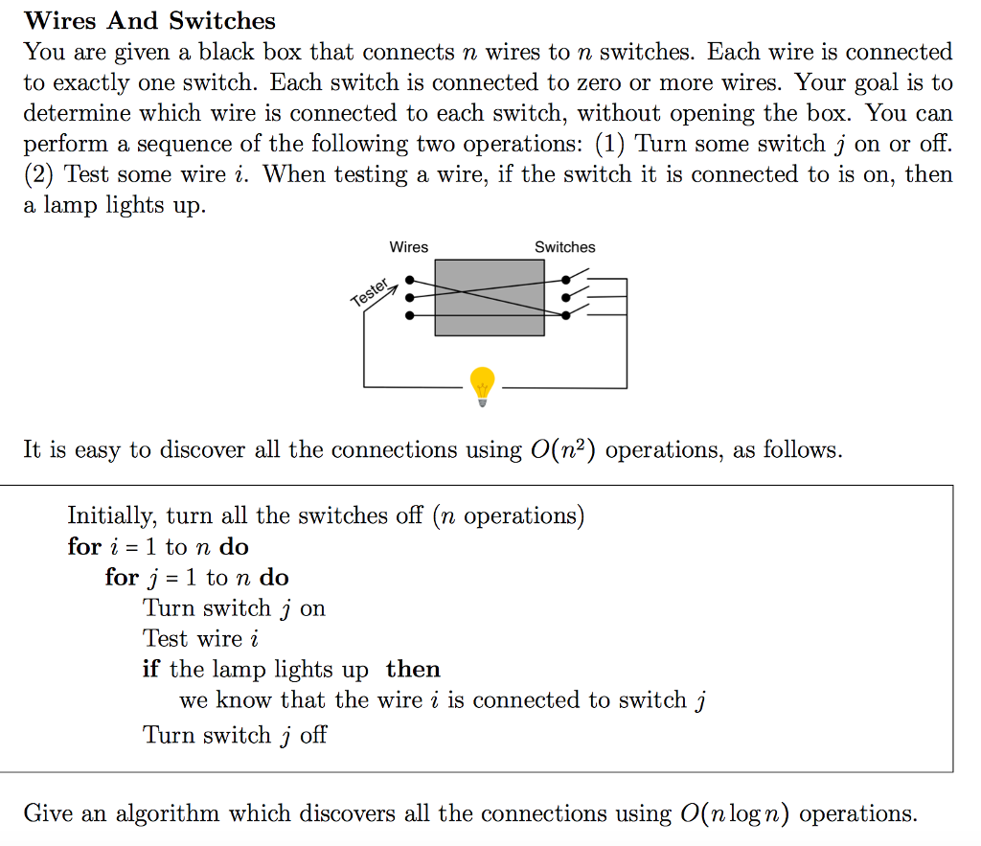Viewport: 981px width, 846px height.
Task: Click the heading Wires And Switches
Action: [149, 21]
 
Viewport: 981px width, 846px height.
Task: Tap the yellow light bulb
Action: [482, 385]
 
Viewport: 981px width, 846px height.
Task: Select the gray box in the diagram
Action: [490, 297]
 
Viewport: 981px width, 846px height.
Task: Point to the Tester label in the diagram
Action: [371, 293]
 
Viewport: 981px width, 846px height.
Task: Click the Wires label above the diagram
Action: [409, 247]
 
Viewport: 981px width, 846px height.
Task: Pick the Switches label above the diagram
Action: [564, 247]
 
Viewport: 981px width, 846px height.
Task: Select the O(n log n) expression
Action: [735, 814]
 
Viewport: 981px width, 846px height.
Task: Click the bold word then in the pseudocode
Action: [413, 670]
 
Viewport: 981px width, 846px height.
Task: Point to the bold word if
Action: [152, 670]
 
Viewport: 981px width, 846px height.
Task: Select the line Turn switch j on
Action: [234, 608]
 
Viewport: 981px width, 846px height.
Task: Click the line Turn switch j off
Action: [235, 735]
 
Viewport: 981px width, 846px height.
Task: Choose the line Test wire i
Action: [201, 639]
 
